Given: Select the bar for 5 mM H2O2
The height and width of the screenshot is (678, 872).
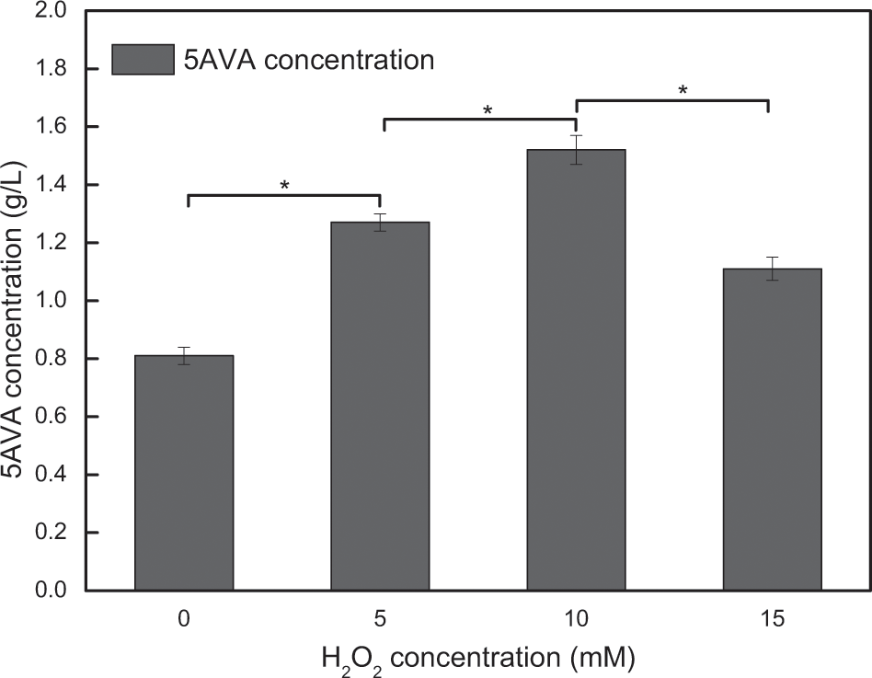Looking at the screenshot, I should click(x=380, y=406).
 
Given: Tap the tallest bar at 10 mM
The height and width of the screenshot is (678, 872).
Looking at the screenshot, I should click(x=576, y=369).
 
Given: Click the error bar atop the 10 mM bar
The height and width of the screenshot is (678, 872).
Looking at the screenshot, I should click(x=576, y=149).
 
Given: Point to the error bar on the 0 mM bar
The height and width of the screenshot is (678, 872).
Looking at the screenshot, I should click(x=184, y=356).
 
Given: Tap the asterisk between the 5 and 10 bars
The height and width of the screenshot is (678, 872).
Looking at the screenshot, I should click(x=488, y=110).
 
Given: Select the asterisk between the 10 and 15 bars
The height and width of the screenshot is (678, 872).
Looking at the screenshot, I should click(x=683, y=90).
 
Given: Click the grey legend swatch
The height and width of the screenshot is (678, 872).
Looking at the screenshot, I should click(x=143, y=60).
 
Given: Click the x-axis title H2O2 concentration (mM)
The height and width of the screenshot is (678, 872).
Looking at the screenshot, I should click(x=478, y=657).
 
